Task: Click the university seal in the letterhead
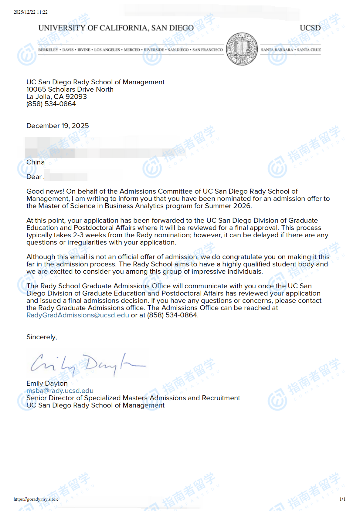point(242,49)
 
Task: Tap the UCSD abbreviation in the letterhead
point(310,28)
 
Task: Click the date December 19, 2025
point(58,126)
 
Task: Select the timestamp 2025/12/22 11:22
point(31,12)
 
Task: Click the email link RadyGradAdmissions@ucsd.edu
point(78,315)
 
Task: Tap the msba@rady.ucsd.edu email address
point(60,391)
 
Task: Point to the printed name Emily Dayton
point(47,383)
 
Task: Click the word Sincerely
point(41,337)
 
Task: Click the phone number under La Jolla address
point(51,104)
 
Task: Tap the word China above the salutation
point(36,162)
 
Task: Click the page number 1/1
point(342,499)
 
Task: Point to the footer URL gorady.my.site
point(36,499)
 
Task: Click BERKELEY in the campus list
point(48,50)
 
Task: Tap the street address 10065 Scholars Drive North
point(70,89)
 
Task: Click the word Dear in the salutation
point(34,177)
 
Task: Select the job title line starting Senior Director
point(133,398)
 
